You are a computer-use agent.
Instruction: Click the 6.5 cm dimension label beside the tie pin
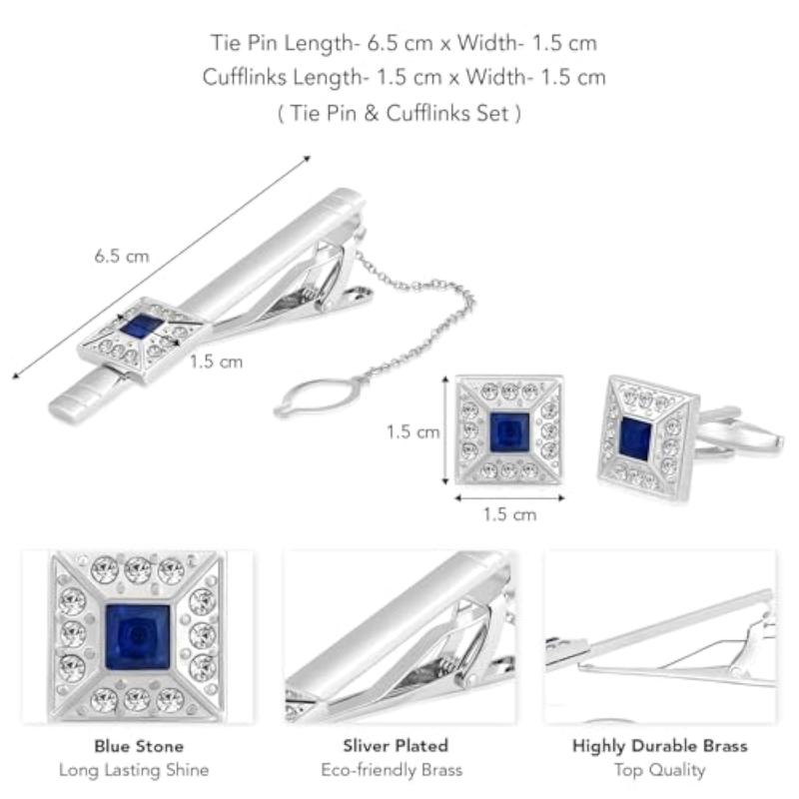pyautogui.click(x=122, y=256)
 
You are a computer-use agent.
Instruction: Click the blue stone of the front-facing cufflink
pyautogui.click(x=509, y=432)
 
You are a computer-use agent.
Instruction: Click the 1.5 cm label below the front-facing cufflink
pyautogui.click(x=509, y=514)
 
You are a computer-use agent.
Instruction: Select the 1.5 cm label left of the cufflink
pyautogui.click(x=412, y=432)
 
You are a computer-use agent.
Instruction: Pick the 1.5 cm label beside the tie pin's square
pyautogui.click(x=216, y=362)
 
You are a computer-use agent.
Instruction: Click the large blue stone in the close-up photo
pyautogui.click(x=138, y=637)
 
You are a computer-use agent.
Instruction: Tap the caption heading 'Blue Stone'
pyautogui.click(x=139, y=746)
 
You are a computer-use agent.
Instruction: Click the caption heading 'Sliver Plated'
pyautogui.click(x=396, y=745)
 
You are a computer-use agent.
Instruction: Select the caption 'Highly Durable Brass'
pyautogui.click(x=660, y=746)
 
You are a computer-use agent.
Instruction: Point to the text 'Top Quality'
pyautogui.click(x=660, y=769)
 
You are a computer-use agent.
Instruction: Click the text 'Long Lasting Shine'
pyautogui.click(x=134, y=769)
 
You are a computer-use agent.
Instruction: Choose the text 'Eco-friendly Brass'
pyautogui.click(x=392, y=769)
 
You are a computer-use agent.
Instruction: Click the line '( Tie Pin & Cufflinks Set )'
pyautogui.click(x=399, y=113)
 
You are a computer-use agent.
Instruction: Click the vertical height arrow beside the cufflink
pyautogui.click(x=445, y=430)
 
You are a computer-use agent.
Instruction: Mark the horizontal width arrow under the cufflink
pyautogui.click(x=509, y=497)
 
